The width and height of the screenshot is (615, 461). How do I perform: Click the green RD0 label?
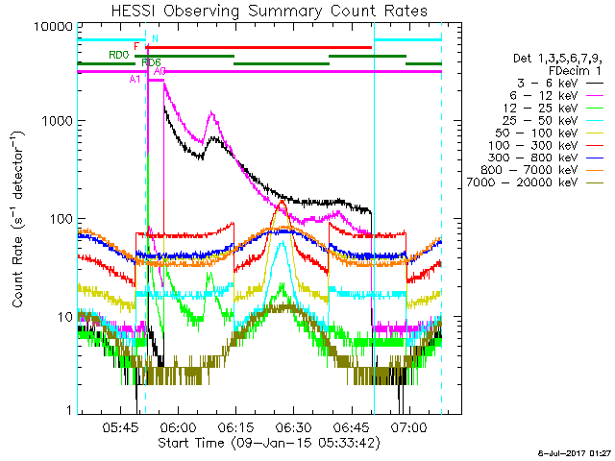tap(118, 56)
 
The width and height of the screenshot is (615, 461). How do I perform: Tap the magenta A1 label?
tap(135, 80)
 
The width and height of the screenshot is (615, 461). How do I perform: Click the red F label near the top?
tap(137, 46)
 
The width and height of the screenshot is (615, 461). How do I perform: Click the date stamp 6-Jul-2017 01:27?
tap(577, 451)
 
